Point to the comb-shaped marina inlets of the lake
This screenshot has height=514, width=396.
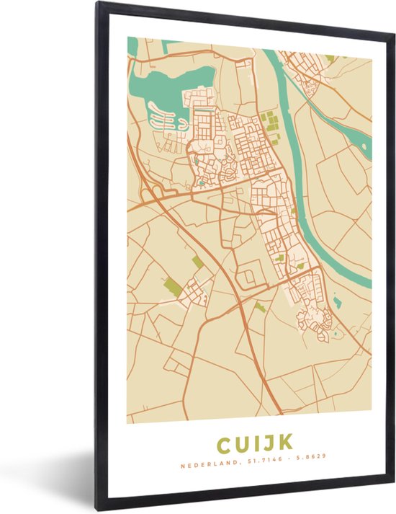[164, 119]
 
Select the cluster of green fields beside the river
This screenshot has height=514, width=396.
[270, 123]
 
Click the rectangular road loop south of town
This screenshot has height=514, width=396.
[249, 275]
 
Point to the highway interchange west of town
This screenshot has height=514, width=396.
[153, 193]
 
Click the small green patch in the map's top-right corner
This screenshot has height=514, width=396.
[330, 58]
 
